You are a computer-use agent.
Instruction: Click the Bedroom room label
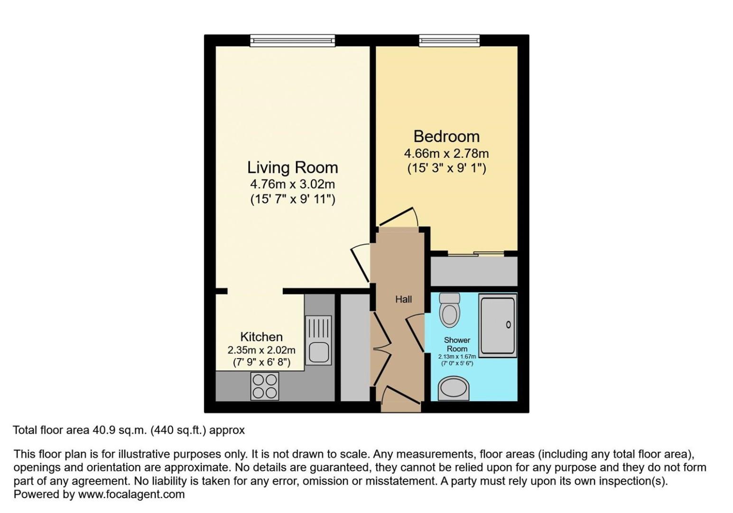446,137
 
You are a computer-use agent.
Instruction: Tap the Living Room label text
293,168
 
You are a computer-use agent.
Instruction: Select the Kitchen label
261,337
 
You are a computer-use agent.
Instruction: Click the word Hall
403,299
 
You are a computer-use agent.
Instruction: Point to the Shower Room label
457,344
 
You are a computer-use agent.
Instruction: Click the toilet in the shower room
450,310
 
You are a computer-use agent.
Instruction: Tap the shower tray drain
508,324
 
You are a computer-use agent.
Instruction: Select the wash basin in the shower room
453,389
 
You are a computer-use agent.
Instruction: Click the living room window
293,40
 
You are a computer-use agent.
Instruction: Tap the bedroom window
449,40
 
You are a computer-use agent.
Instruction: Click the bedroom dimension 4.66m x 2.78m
446,153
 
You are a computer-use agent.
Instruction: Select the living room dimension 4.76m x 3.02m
293,184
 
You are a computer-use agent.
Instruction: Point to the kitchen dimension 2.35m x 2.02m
261,350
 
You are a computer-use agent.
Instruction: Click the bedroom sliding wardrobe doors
476,254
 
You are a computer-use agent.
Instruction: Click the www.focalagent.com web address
131,494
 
